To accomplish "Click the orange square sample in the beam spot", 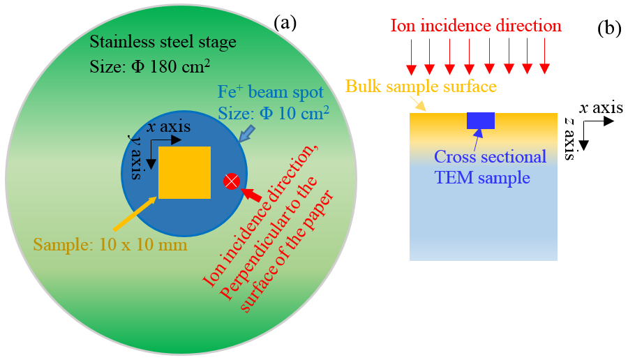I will coord(184,172).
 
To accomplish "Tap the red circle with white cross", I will coord(232,181).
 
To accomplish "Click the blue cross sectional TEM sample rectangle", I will coord(481,121).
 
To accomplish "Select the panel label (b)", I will coord(608,29).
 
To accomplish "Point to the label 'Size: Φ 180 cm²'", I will coord(150,66).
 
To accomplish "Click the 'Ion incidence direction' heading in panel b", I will coord(476,27).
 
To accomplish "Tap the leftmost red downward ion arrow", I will coord(412,57).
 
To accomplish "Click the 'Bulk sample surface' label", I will coord(421,87).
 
